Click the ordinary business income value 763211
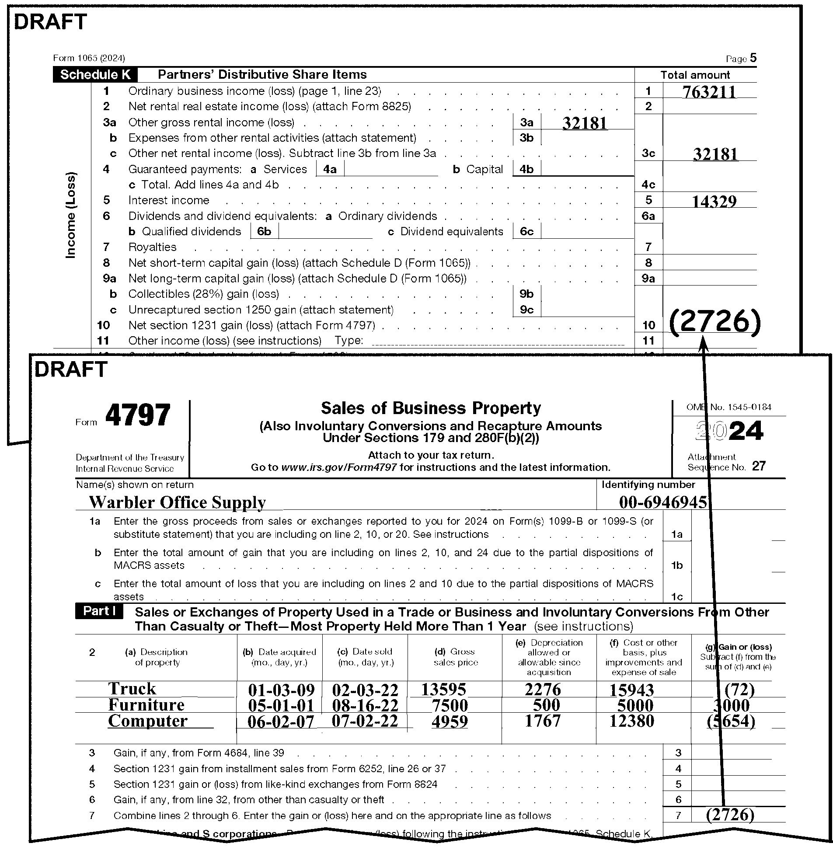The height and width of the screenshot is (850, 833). pyautogui.click(x=709, y=92)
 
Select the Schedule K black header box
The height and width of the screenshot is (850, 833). pyautogui.click(x=95, y=75)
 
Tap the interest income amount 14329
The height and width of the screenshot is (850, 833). pyautogui.click(x=714, y=201)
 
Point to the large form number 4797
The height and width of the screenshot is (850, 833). pyautogui.click(x=138, y=415)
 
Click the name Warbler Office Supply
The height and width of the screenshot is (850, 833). pyautogui.click(x=177, y=502)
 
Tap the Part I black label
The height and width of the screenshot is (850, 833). pyautogui.click(x=99, y=611)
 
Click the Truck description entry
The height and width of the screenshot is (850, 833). pyautogui.click(x=132, y=689)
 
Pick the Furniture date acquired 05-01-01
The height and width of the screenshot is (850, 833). pyautogui.click(x=281, y=705)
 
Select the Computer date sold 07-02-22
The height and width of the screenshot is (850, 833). pyautogui.click(x=364, y=721)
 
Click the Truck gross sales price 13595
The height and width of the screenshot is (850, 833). pyautogui.click(x=443, y=690)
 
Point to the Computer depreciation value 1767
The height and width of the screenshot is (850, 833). pyautogui.click(x=543, y=721)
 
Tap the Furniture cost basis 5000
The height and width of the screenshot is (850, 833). pyautogui.click(x=635, y=705)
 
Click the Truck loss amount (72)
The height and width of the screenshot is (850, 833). pyautogui.click(x=739, y=690)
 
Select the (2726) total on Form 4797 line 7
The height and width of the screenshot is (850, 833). pyautogui.click(x=730, y=815)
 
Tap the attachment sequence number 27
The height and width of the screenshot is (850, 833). pyautogui.click(x=759, y=467)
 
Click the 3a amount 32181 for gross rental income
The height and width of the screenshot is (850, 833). pyautogui.click(x=585, y=123)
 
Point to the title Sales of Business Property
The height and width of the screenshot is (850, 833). pyautogui.click(x=431, y=408)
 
